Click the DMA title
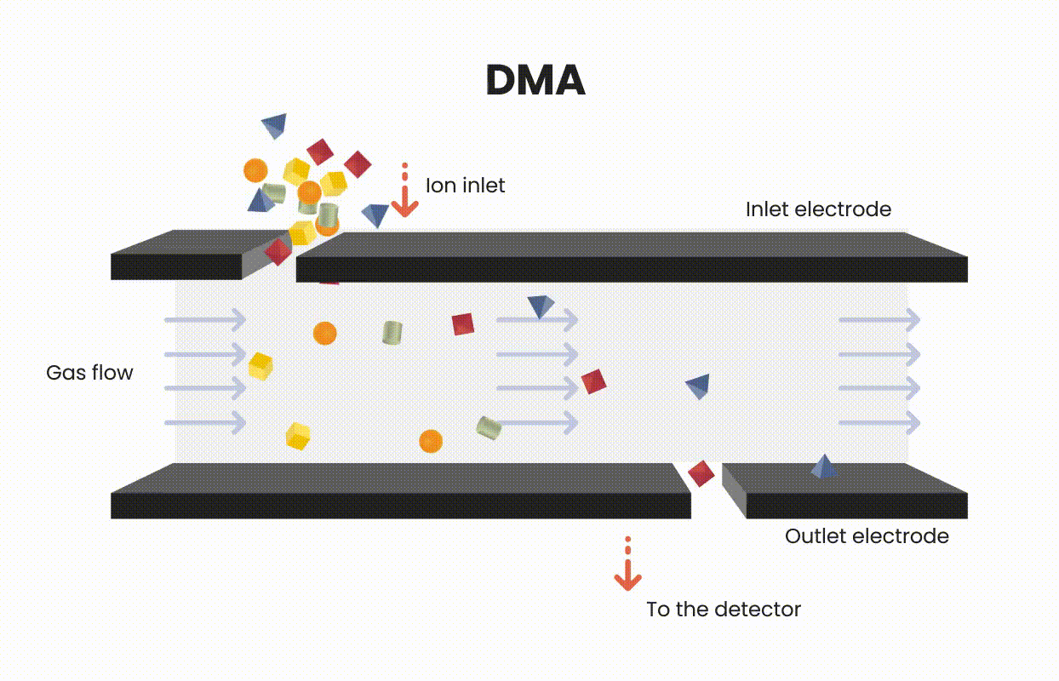535,81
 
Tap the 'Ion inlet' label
465,185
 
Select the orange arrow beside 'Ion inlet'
404,192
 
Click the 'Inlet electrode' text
818,209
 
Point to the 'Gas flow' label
89,372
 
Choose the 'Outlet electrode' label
866,536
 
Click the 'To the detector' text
724,609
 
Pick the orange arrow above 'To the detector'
627,568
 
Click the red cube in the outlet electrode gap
701,472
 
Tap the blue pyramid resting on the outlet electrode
823,466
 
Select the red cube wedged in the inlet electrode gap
278,251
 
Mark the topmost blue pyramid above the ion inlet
274,126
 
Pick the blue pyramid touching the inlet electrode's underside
540,306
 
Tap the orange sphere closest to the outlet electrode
431,441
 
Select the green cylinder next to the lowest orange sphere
488,427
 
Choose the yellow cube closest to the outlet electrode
297,436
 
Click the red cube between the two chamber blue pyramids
593,381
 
